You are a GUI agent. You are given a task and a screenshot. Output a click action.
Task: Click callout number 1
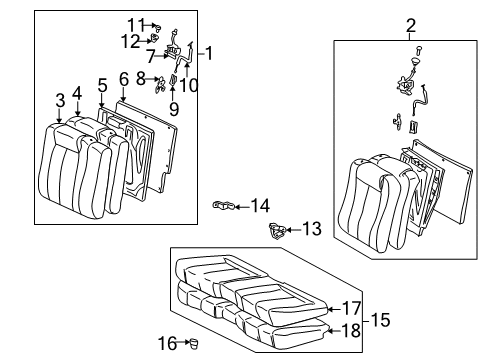coord(211,52)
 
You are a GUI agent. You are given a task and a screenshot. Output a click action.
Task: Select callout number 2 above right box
coord(410,25)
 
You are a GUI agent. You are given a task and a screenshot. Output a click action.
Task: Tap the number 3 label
coord(60,99)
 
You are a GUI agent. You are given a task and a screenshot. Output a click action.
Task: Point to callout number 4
coord(78,92)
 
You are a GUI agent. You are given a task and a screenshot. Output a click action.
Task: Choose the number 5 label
coord(102,85)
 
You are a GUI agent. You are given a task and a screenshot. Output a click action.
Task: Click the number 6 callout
coord(123,78)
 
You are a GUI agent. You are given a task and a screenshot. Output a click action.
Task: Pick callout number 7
coord(150,56)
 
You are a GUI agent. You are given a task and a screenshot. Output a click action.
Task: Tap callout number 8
coord(140,78)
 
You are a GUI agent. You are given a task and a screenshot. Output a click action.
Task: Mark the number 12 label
coord(130,40)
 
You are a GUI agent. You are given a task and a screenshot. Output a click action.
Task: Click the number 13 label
coord(312,229)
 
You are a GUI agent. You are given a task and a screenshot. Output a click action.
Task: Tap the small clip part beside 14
coord(224,206)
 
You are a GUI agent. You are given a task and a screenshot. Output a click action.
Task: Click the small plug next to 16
coord(194,342)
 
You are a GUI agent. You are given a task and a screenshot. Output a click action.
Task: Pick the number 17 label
coord(351,308)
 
